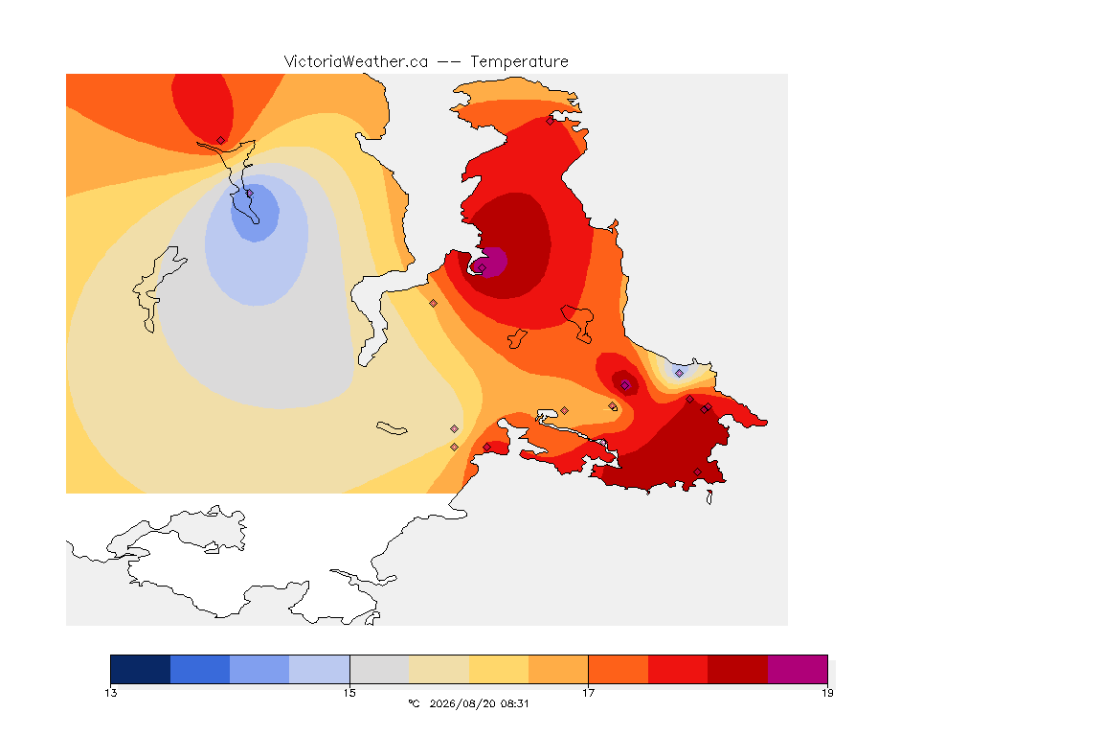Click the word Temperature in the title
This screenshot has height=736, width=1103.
[x=519, y=62]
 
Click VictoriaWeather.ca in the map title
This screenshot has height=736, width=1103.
[x=356, y=62]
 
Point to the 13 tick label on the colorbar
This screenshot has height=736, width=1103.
[x=111, y=693]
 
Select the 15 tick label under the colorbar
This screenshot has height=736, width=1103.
[x=349, y=693]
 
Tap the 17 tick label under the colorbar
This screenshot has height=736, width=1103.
[x=588, y=693]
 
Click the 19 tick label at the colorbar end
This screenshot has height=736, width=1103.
[x=827, y=693]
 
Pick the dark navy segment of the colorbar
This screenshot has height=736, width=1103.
[x=141, y=669]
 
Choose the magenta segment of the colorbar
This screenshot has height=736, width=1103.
[x=798, y=669]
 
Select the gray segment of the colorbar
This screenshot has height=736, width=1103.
[x=380, y=669]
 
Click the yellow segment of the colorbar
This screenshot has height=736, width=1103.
[x=499, y=669]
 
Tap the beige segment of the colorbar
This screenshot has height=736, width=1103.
[x=439, y=669]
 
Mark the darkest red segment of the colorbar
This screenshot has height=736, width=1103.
[x=738, y=669]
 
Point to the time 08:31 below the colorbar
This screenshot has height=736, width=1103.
[x=515, y=703]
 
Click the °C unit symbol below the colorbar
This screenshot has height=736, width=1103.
[x=414, y=703]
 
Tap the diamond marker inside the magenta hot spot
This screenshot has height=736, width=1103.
[x=482, y=267]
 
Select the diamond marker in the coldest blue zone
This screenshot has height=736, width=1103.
[x=249, y=193]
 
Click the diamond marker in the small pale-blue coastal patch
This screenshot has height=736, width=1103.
[x=679, y=374]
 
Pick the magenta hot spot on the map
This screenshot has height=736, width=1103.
[x=489, y=262]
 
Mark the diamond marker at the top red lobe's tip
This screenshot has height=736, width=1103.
[x=221, y=141]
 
